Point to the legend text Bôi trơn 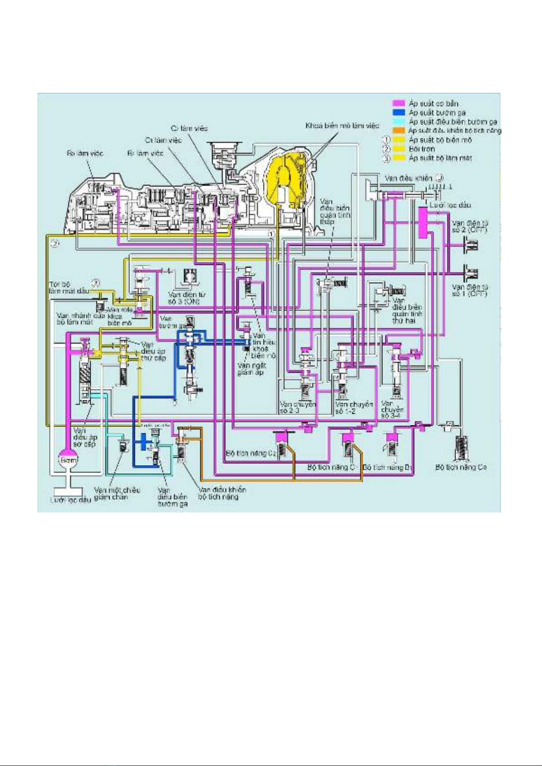421,149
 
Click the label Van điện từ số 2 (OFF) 470,227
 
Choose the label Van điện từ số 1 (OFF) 470,290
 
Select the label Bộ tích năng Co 461,467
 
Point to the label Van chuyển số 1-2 354,408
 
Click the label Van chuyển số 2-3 298,407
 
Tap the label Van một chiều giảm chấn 117,494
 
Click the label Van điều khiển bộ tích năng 222,493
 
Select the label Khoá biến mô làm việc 342,126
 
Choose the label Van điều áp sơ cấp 85,437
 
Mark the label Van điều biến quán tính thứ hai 407,311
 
